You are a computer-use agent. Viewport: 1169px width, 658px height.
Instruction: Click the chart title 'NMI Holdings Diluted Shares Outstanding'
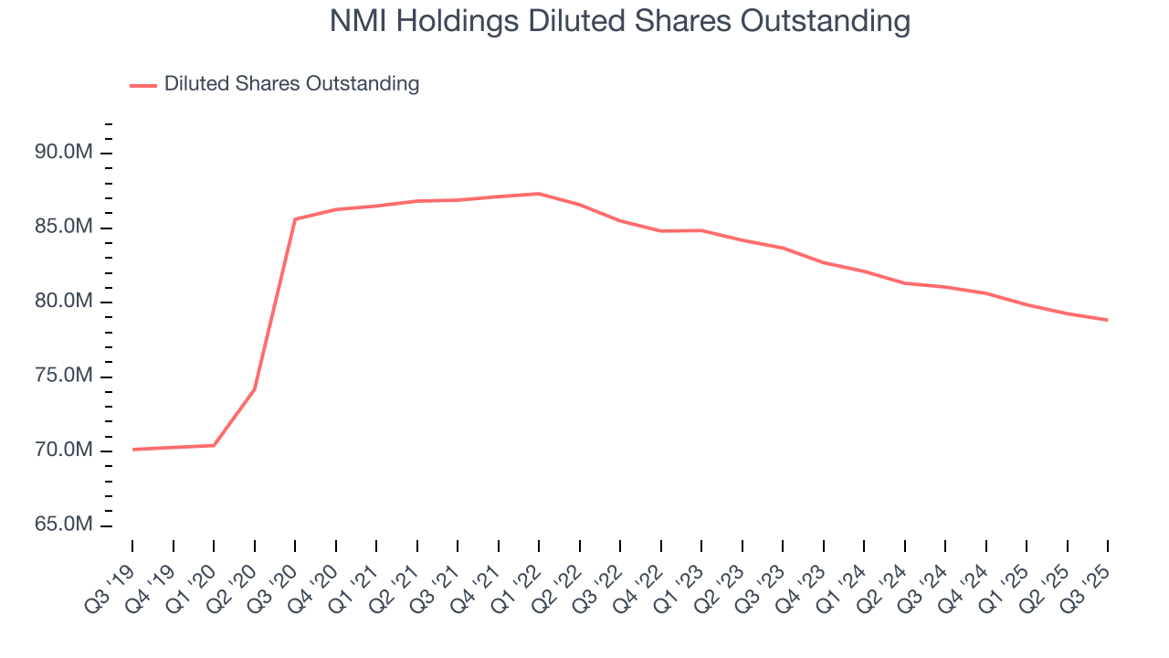click(x=619, y=22)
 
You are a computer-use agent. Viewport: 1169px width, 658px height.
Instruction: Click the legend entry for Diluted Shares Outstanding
click(x=291, y=84)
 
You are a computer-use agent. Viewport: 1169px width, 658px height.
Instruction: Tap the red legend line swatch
click(x=143, y=85)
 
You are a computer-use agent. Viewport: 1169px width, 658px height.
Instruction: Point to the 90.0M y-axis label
click(x=64, y=153)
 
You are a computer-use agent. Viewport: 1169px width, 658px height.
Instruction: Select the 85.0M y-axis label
click(x=64, y=228)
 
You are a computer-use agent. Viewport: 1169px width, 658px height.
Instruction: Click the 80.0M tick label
click(x=64, y=302)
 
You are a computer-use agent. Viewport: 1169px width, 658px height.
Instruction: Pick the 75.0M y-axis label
click(x=64, y=377)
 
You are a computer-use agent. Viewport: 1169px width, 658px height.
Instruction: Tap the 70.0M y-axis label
click(x=64, y=451)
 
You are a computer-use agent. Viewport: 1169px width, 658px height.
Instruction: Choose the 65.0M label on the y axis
click(x=64, y=525)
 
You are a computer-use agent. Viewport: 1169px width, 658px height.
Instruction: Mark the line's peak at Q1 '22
click(x=539, y=194)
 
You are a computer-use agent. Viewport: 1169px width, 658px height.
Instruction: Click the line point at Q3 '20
click(x=295, y=219)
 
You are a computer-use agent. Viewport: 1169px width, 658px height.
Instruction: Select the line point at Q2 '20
click(x=254, y=389)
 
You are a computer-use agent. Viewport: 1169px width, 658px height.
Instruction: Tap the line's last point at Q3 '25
click(x=1108, y=320)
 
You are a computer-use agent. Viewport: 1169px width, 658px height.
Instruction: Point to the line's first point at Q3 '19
click(x=132, y=450)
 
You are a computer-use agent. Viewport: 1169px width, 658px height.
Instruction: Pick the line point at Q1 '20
click(x=214, y=446)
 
